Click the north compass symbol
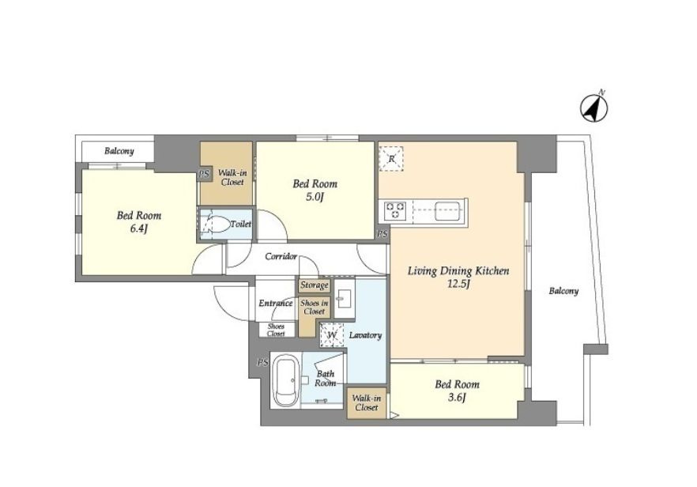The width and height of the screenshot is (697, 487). tap(594, 108)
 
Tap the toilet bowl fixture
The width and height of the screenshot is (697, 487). tap(216, 225)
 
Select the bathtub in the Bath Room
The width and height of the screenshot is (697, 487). tap(285, 380)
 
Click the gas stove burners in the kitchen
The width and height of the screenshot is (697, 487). tap(395, 211)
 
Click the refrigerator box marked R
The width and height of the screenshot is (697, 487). tap(391, 159)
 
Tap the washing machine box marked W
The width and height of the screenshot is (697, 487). tap(332, 334)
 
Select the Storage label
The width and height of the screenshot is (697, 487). tap(314, 285)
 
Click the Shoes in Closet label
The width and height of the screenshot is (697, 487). tap(315, 308)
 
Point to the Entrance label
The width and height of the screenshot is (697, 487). tap(276, 304)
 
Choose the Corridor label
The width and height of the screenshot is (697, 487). tap(281, 257)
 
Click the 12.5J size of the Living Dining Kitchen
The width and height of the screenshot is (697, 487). tap(458, 284)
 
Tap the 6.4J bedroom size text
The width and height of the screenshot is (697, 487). tap(138, 229)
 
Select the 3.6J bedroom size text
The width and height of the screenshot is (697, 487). tap(457, 398)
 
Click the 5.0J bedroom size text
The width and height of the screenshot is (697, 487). tap(315, 197)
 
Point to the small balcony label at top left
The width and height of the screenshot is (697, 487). tap(119, 151)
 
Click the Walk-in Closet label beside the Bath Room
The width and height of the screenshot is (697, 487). tap(367, 403)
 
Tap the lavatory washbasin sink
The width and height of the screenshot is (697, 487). tap(344, 297)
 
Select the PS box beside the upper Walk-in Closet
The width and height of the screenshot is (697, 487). tap(205, 174)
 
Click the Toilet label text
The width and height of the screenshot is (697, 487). tap(240, 225)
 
